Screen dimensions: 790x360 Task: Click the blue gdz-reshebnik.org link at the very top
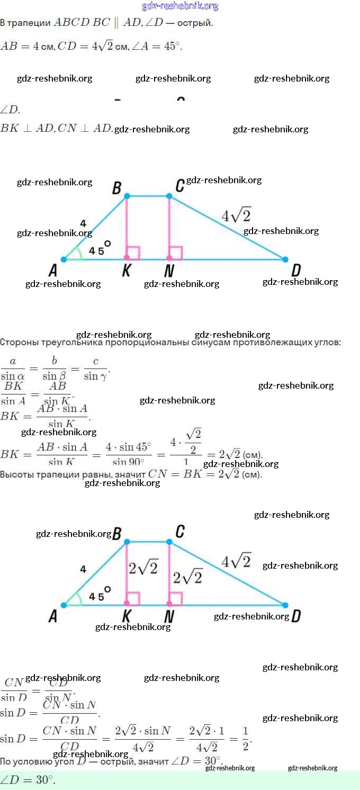coord(180,6)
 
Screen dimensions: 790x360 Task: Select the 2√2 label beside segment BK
coord(143,568)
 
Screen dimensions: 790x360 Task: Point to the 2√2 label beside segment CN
coord(187,576)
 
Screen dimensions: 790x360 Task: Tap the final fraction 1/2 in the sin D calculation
coord(245,737)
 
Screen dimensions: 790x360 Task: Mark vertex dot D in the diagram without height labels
coord(285,259)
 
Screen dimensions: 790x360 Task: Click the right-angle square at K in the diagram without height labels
coord(134,253)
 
